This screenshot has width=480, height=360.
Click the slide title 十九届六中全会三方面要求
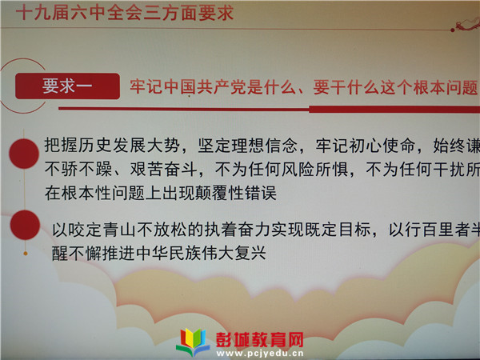pos(125,13)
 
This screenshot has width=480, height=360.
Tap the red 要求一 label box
pos(67,86)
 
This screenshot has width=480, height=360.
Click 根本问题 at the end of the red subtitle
pos(446,87)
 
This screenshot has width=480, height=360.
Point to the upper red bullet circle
pos(24,154)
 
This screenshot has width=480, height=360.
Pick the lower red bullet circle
pos(25,225)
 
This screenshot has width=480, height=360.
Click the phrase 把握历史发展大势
pos(112,145)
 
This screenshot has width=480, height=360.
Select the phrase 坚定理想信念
pos(248,146)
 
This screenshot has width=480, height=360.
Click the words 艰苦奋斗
pos(163,170)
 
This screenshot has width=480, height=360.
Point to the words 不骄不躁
pos(78,169)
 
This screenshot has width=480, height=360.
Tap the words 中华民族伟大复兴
pos(201,253)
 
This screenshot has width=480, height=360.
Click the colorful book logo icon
pos(193,342)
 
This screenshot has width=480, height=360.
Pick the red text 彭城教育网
pos(260,340)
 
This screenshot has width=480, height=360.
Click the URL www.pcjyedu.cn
pos(260,354)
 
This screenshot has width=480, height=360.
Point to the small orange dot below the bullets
pos(26,254)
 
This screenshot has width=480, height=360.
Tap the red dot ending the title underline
pos(453,30)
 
